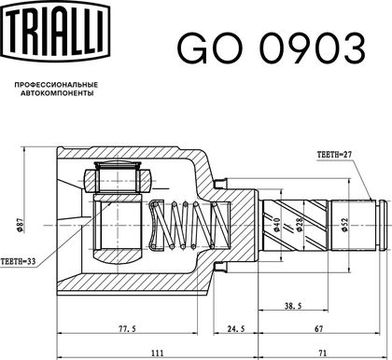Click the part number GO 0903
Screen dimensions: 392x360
tap(272, 48)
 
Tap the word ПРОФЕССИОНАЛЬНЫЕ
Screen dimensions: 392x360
tap(56, 85)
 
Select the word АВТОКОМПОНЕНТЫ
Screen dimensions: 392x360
tap(57, 93)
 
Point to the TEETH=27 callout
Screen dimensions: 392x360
tap(334, 155)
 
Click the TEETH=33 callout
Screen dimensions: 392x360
tap(18, 261)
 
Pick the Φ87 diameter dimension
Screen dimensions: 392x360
tap(21, 225)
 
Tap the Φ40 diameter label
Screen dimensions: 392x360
tap(277, 225)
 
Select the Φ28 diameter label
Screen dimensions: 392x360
tap(300, 225)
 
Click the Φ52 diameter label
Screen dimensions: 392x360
tap(344, 225)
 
